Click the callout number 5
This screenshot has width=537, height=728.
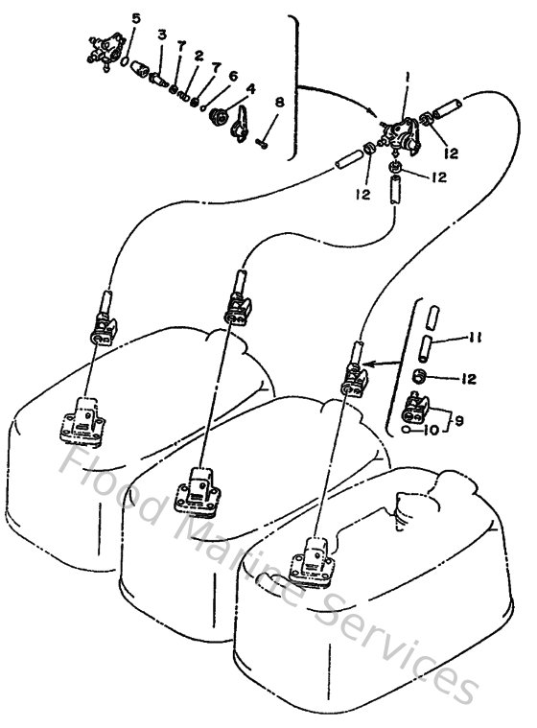[x=135, y=18]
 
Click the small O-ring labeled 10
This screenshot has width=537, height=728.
[x=410, y=431]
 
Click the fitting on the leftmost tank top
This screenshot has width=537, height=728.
[x=80, y=420]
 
